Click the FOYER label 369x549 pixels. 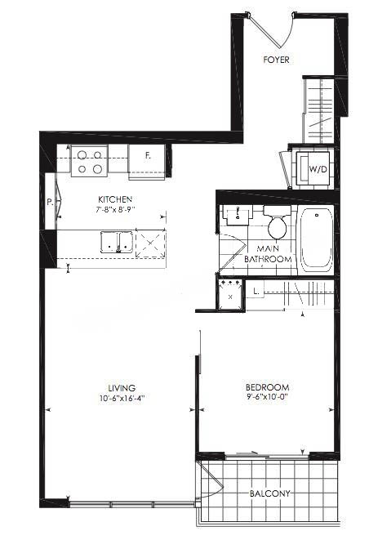(x=276, y=60)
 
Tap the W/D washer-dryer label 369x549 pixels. (x=318, y=169)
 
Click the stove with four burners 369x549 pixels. (x=89, y=160)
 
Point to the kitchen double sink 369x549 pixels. (x=116, y=241)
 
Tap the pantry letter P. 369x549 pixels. (x=50, y=202)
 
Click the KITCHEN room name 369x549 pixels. (x=115, y=199)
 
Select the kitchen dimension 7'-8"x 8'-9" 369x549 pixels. (x=116, y=209)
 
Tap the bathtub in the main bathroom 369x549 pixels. (x=316, y=242)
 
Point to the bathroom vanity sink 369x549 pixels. (x=238, y=215)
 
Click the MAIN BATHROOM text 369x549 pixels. (x=268, y=254)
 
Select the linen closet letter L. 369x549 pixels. (x=256, y=292)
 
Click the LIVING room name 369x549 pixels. (x=122, y=388)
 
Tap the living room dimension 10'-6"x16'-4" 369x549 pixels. (x=122, y=398)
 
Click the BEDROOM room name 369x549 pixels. (x=267, y=387)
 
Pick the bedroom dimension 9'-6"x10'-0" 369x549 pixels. (x=267, y=397)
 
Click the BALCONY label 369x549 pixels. (x=269, y=493)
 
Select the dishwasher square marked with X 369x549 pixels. (x=150, y=243)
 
